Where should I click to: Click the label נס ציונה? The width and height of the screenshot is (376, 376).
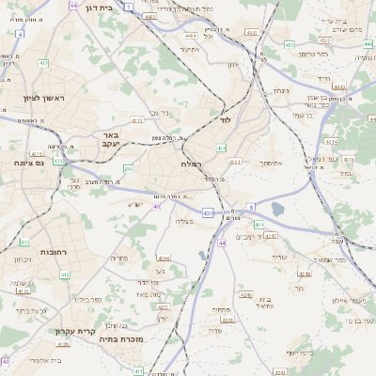point(28,162)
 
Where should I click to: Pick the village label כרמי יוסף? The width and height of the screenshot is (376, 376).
point(305,353)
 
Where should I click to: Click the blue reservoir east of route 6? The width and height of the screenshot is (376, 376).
point(278,209)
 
